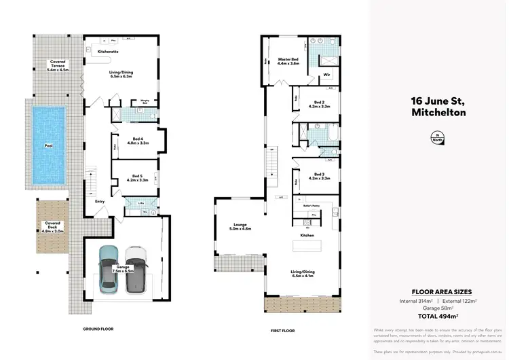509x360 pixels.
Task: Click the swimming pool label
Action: tap(48, 145)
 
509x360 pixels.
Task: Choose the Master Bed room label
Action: tap(288, 61)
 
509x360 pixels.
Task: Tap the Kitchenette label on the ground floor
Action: tap(109, 51)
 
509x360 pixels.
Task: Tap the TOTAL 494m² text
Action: tap(437, 316)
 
